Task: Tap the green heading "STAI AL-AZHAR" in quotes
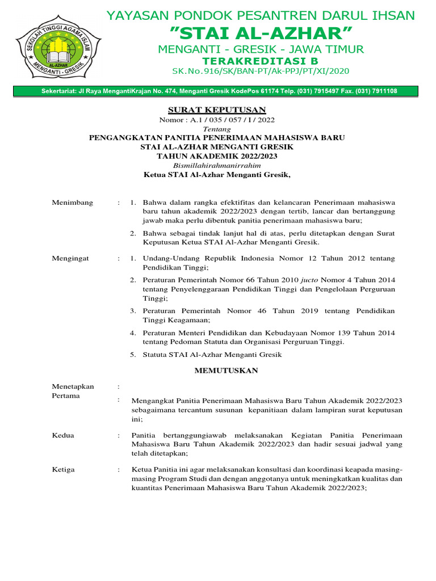coord(261,32)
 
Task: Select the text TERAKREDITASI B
coord(261,61)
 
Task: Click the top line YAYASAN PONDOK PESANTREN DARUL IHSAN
coord(261,15)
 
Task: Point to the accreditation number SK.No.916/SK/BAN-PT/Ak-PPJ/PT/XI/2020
coord(261,71)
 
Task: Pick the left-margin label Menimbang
coord(73,203)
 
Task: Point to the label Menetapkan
coord(73,386)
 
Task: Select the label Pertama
coord(66,396)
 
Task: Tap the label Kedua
coord(63,435)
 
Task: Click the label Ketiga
coord(63,470)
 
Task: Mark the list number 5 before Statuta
coord(132,355)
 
